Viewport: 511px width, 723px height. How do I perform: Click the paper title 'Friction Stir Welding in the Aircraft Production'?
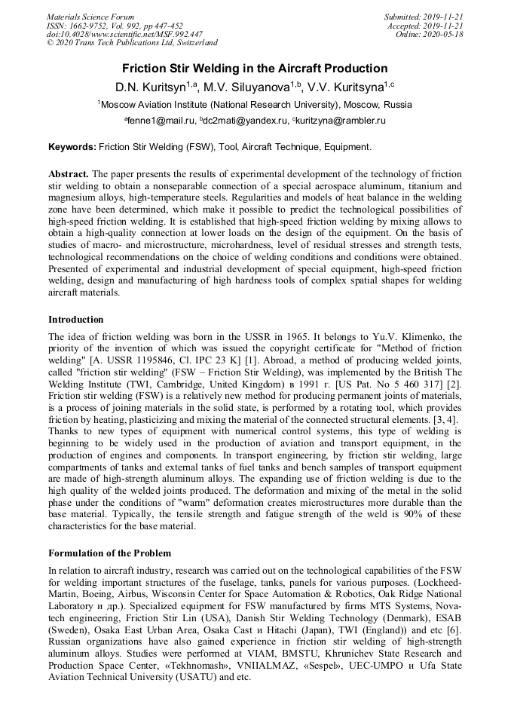click(x=255, y=68)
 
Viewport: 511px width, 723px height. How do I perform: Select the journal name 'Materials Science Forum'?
click(x=90, y=17)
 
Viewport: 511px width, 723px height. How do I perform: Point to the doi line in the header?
click(x=124, y=34)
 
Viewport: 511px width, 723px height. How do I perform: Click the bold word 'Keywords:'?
click(x=72, y=146)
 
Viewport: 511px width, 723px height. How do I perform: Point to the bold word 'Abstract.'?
click(x=69, y=173)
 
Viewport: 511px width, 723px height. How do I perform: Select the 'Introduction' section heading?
click(x=76, y=320)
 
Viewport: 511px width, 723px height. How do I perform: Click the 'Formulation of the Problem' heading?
click(x=109, y=553)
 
